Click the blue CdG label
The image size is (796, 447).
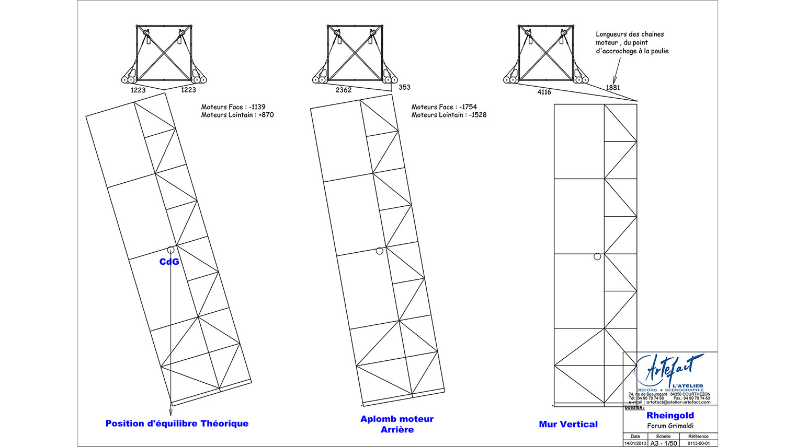point(169,262)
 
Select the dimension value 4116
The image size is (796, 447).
point(544,92)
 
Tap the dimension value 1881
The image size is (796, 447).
point(613,87)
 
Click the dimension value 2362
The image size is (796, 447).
point(344,90)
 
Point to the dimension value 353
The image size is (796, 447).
point(404,87)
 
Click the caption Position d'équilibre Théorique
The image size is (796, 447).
point(177,424)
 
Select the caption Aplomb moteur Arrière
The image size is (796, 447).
point(397,424)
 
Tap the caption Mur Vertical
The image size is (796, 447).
point(568,425)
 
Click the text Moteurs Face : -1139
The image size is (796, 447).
point(233,107)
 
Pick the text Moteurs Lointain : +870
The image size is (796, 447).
point(237,115)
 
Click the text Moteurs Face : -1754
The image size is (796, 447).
point(444,107)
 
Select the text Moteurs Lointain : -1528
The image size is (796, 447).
point(449,115)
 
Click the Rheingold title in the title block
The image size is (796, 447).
point(670,416)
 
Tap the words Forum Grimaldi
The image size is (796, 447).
point(670,426)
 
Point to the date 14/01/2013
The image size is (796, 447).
point(635,443)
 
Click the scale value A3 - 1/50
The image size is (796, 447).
point(663,443)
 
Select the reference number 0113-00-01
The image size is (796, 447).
point(699,443)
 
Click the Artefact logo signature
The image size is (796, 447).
point(675,368)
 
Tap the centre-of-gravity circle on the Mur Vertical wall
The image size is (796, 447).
point(597,256)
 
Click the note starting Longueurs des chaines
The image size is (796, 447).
point(632,42)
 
